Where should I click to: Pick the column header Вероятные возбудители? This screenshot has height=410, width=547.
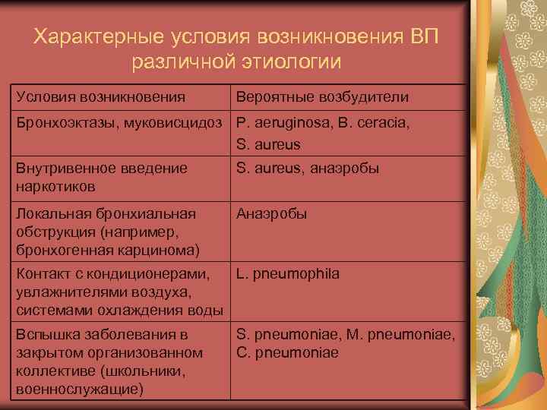coord(322,97)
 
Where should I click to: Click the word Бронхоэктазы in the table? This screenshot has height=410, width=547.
coord(58,123)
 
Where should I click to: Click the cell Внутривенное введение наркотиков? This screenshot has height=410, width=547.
coord(101,176)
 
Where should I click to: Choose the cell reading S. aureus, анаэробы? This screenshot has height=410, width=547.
coord(308,169)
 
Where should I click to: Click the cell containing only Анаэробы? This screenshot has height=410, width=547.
coord(272,214)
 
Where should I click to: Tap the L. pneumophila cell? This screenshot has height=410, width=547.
coord(288,273)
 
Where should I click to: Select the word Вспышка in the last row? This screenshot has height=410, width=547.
coord(45,334)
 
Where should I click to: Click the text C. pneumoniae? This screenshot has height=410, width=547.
coord(288,353)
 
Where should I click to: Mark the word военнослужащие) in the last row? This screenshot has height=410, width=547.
coord(78,389)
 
